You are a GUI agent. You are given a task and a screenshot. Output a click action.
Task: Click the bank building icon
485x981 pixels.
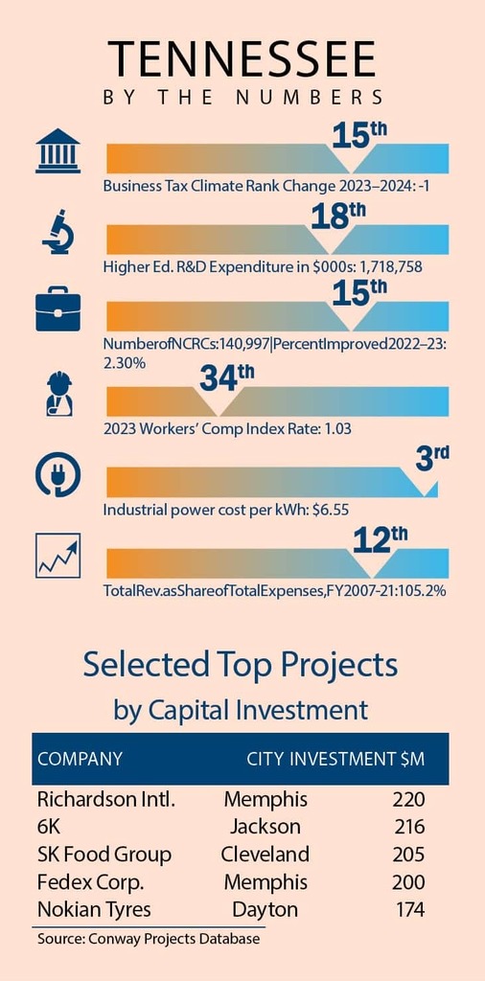click(x=58, y=150)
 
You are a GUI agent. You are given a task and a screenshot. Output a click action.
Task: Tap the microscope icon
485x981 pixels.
click(x=58, y=233)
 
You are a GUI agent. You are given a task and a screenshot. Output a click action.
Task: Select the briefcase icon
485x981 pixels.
click(x=58, y=308)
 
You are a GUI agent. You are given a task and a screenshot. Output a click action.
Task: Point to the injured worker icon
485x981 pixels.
click(x=59, y=394)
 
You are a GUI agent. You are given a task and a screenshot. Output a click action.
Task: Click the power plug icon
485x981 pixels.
click(x=58, y=473)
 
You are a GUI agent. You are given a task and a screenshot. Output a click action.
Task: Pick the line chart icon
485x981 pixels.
click(x=58, y=556)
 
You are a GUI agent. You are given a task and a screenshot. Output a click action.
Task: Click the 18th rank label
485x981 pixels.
click(x=338, y=217)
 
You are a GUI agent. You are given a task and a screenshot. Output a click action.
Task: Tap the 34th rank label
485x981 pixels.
click(x=227, y=377)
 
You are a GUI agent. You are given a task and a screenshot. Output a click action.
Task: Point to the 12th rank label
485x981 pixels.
click(x=381, y=540)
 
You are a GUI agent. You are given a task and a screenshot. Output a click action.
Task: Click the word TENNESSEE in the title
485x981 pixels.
click(x=242, y=59)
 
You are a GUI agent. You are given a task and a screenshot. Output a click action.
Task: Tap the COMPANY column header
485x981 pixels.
click(x=81, y=759)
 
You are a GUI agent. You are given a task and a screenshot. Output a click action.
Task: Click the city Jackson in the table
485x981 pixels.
click(x=265, y=827)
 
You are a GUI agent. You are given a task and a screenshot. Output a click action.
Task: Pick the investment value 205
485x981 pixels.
click(x=408, y=854)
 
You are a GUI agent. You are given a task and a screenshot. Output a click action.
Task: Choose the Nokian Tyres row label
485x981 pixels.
click(x=94, y=909)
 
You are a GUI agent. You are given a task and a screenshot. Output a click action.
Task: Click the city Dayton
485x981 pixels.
click(x=265, y=909)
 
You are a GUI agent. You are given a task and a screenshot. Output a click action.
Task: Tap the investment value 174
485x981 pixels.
click(x=410, y=909)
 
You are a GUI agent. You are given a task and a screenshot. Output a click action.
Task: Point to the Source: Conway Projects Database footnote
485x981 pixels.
click(x=149, y=939)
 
